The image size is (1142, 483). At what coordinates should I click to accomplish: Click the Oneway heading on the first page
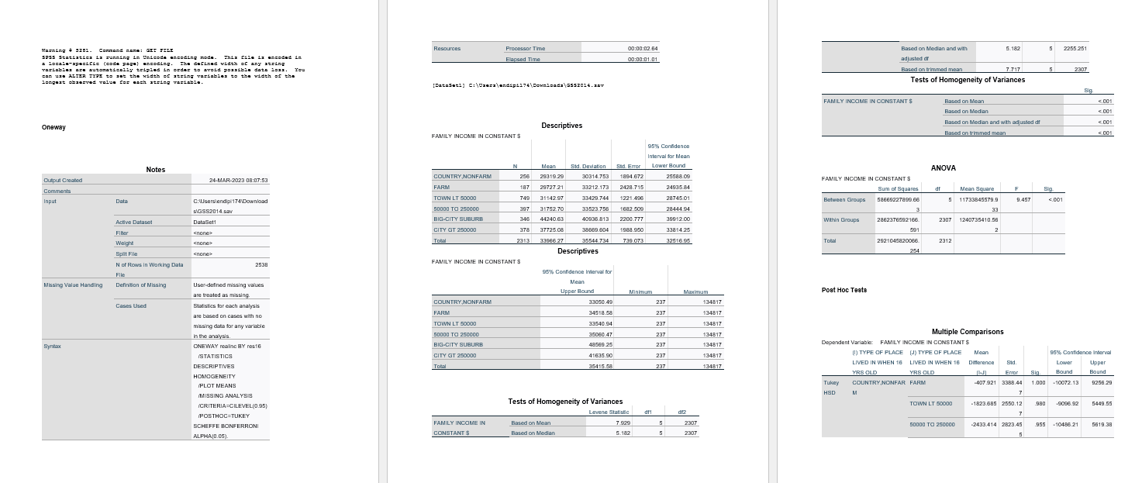53,127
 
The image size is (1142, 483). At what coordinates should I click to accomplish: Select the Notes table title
155,169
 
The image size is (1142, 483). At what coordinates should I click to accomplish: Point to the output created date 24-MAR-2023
239,180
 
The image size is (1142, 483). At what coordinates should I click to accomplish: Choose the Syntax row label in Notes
53,347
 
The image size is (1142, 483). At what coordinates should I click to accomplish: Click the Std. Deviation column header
586,166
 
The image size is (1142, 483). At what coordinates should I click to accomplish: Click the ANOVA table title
943,167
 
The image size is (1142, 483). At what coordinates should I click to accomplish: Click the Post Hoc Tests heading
844,290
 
